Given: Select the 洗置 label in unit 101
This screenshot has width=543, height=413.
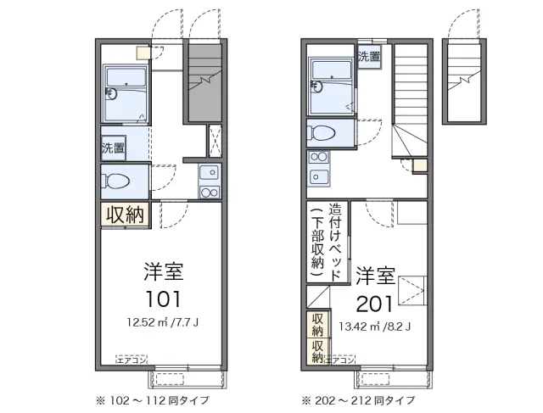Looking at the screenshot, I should [113, 147].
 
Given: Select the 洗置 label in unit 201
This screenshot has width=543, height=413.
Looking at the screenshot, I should [369, 58].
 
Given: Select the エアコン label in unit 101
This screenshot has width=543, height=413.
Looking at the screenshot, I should [132, 360].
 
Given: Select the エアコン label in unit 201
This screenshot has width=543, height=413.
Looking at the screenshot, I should [340, 360].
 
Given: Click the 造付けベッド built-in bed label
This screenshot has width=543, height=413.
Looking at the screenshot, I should [337, 243].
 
